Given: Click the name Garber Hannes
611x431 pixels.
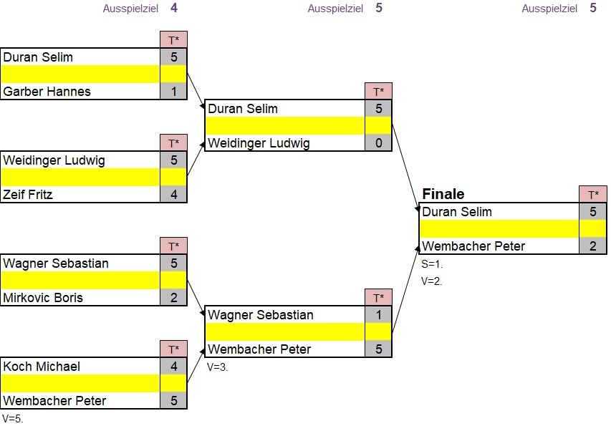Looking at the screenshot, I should coord(47,92).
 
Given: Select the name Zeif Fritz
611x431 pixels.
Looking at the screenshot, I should coord(28,194).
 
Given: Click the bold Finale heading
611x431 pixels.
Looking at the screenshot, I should coord(443,194).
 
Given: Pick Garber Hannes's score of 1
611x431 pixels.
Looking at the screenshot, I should coord(173,92).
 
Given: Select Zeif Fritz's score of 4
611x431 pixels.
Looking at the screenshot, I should coord(173,194).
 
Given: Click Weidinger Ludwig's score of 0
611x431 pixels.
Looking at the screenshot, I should coord(378,143).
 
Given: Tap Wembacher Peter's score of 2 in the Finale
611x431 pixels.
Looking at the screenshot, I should coord(592,246).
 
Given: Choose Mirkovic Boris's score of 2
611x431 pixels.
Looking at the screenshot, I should coord(173,297).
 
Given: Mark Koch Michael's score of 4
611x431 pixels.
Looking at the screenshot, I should coord(173,367).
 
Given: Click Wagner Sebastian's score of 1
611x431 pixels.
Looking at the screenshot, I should coord(378,315).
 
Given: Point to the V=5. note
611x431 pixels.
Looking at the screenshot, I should coord(13,419).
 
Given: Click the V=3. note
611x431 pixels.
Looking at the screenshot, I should coord(217,367).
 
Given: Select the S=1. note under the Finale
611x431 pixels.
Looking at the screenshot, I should coord(432,264).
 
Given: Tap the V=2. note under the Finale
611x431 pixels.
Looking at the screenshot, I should coord(432,281).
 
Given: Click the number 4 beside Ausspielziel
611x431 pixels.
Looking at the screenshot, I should coord(174,9).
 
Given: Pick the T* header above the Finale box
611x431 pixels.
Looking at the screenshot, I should coord(592,195).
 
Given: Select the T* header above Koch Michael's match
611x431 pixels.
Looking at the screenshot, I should coord(173,349).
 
